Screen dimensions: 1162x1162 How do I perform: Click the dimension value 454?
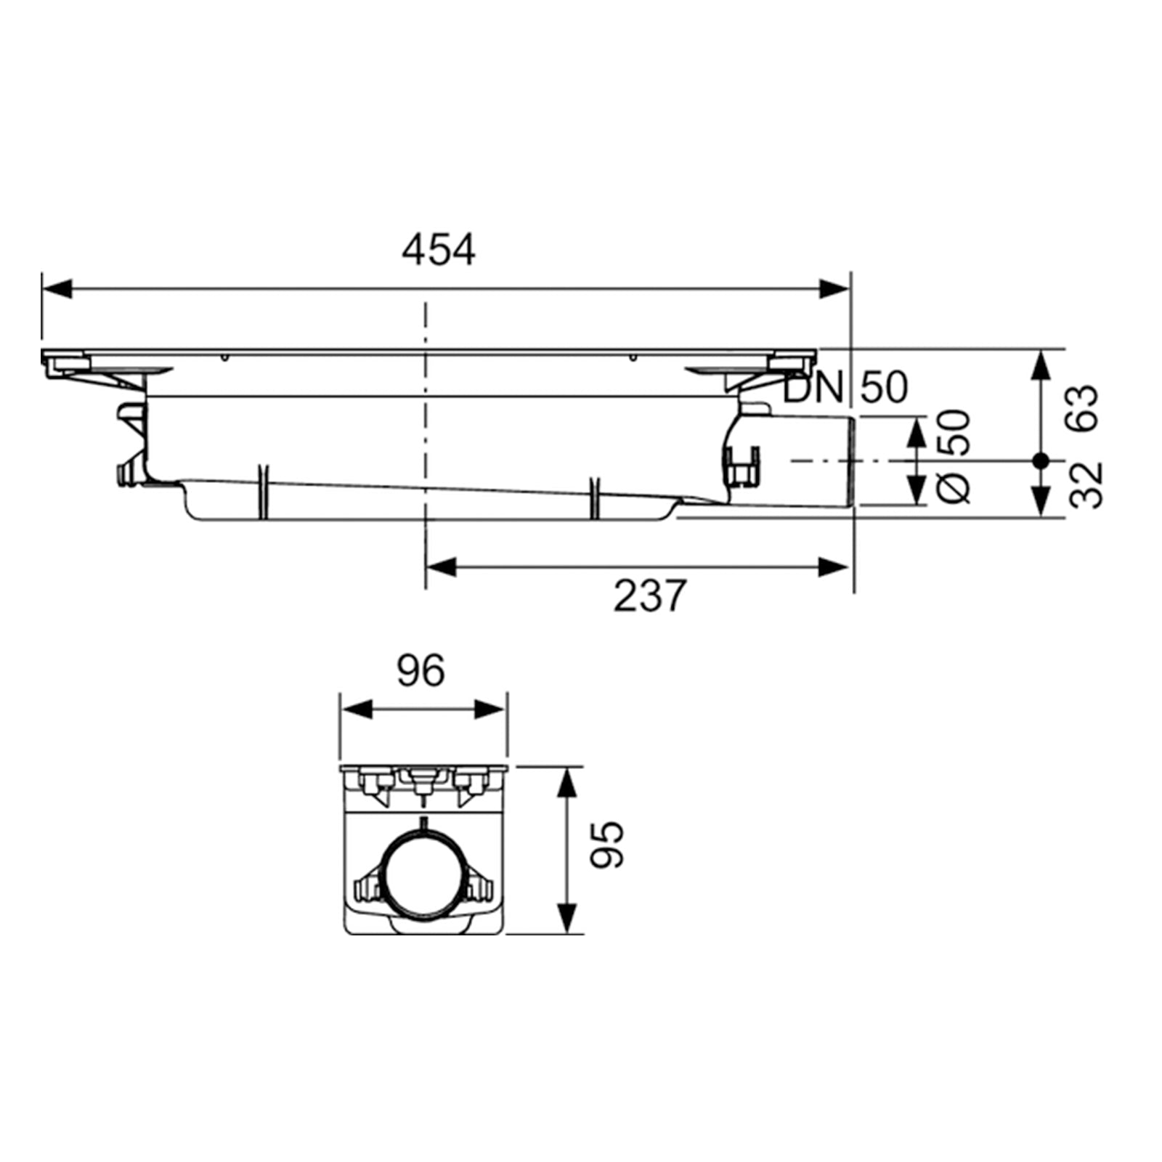(x=438, y=251)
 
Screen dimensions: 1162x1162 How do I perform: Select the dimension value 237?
(x=649, y=596)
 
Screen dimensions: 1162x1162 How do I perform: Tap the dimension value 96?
(x=420, y=671)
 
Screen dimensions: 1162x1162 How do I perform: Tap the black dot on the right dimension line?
(x=1041, y=460)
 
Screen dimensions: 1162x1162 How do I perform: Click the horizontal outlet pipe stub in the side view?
(x=806, y=461)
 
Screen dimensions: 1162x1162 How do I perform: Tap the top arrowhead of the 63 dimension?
(x=1041, y=364)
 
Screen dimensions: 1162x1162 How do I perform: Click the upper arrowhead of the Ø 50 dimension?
(x=918, y=431)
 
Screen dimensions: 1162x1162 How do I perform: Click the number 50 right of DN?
(x=884, y=387)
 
